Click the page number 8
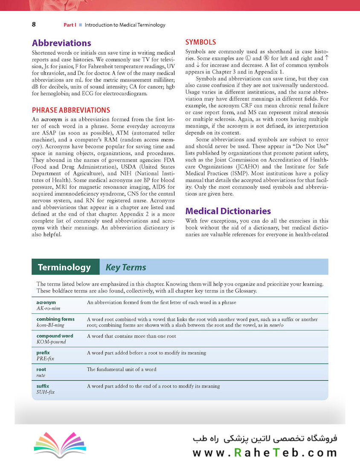[x=34, y=24]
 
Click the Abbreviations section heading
[x=61, y=43]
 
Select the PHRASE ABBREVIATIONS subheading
[x=71, y=110]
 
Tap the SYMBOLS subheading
[x=200, y=42]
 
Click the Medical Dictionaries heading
[x=228, y=211]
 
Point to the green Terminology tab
[x=64, y=267]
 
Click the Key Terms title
[x=126, y=268]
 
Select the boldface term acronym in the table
[x=46, y=302]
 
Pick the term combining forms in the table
[x=55, y=319]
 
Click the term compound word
[x=55, y=336]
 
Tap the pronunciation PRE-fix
[x=45, y=359]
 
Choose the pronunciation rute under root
[x=41, y=375]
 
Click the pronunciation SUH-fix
[x=46, y=392]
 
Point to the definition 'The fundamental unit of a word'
[x=122, y=369]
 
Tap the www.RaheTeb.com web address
[x=265, y=452]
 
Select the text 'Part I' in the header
[x=70, y=25]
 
